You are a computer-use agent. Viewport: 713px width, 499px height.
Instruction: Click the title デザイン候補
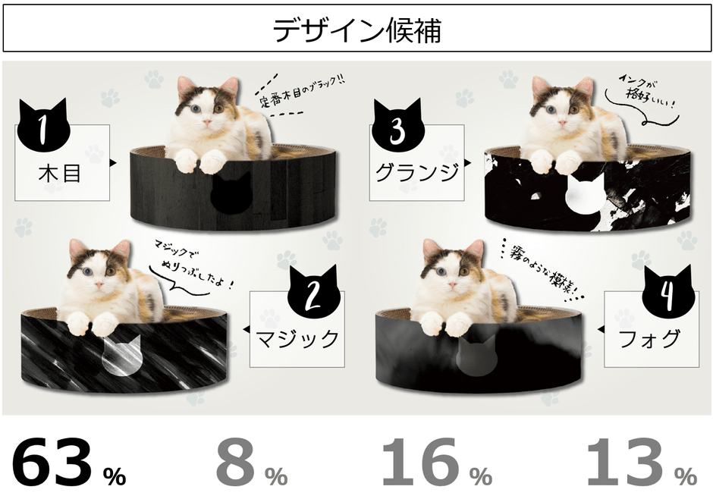coord(356,31)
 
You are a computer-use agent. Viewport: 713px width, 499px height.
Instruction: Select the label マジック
coord(297,337)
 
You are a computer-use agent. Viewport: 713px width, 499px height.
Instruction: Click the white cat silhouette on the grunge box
coord(587,193)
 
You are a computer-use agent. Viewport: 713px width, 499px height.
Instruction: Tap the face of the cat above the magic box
coord(98,266)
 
